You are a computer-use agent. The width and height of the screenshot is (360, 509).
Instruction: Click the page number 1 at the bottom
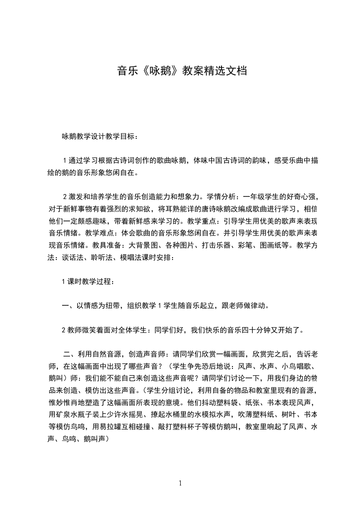coord(180,483)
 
